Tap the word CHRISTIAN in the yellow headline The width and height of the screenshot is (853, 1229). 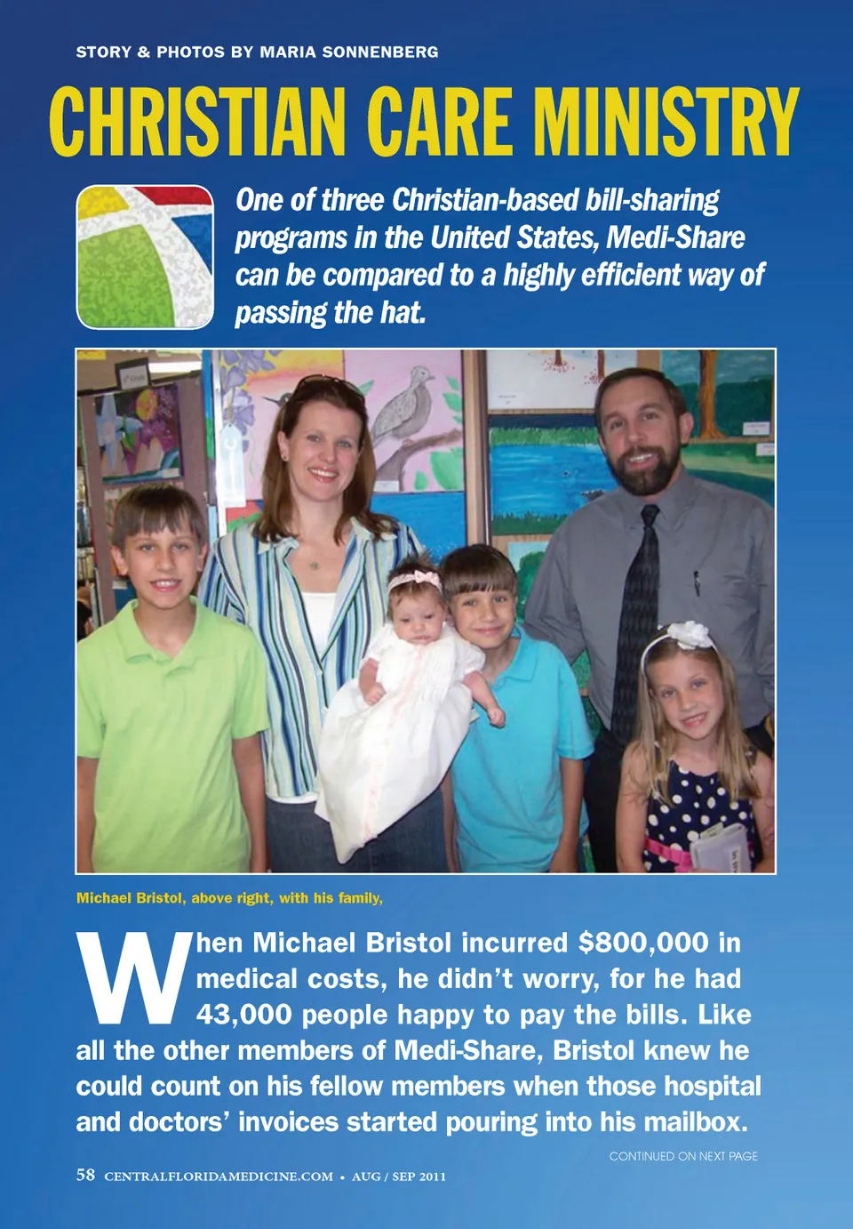(x=197, y=123)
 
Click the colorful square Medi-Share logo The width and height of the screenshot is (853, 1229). (x=145, y=257)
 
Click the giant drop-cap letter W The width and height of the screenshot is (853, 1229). (x=133, y=977)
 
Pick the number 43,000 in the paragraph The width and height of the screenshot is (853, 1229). (x=244, y=1015)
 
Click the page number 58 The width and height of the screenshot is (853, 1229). (x=85, y=1176)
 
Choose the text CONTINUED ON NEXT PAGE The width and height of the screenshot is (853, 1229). (x=683, y=1156)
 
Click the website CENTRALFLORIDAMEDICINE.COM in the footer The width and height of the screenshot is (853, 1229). (x=219, y=1177)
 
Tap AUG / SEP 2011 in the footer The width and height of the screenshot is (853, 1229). (x=399, y=1177)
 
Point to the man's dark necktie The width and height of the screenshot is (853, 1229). (x=638, y=605)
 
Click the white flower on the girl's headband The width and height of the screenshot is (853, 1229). (x=690, y=634)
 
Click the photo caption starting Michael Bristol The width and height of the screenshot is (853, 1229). (x=229, y=898)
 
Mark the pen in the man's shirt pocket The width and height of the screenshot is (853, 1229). (x=696, y=582)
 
